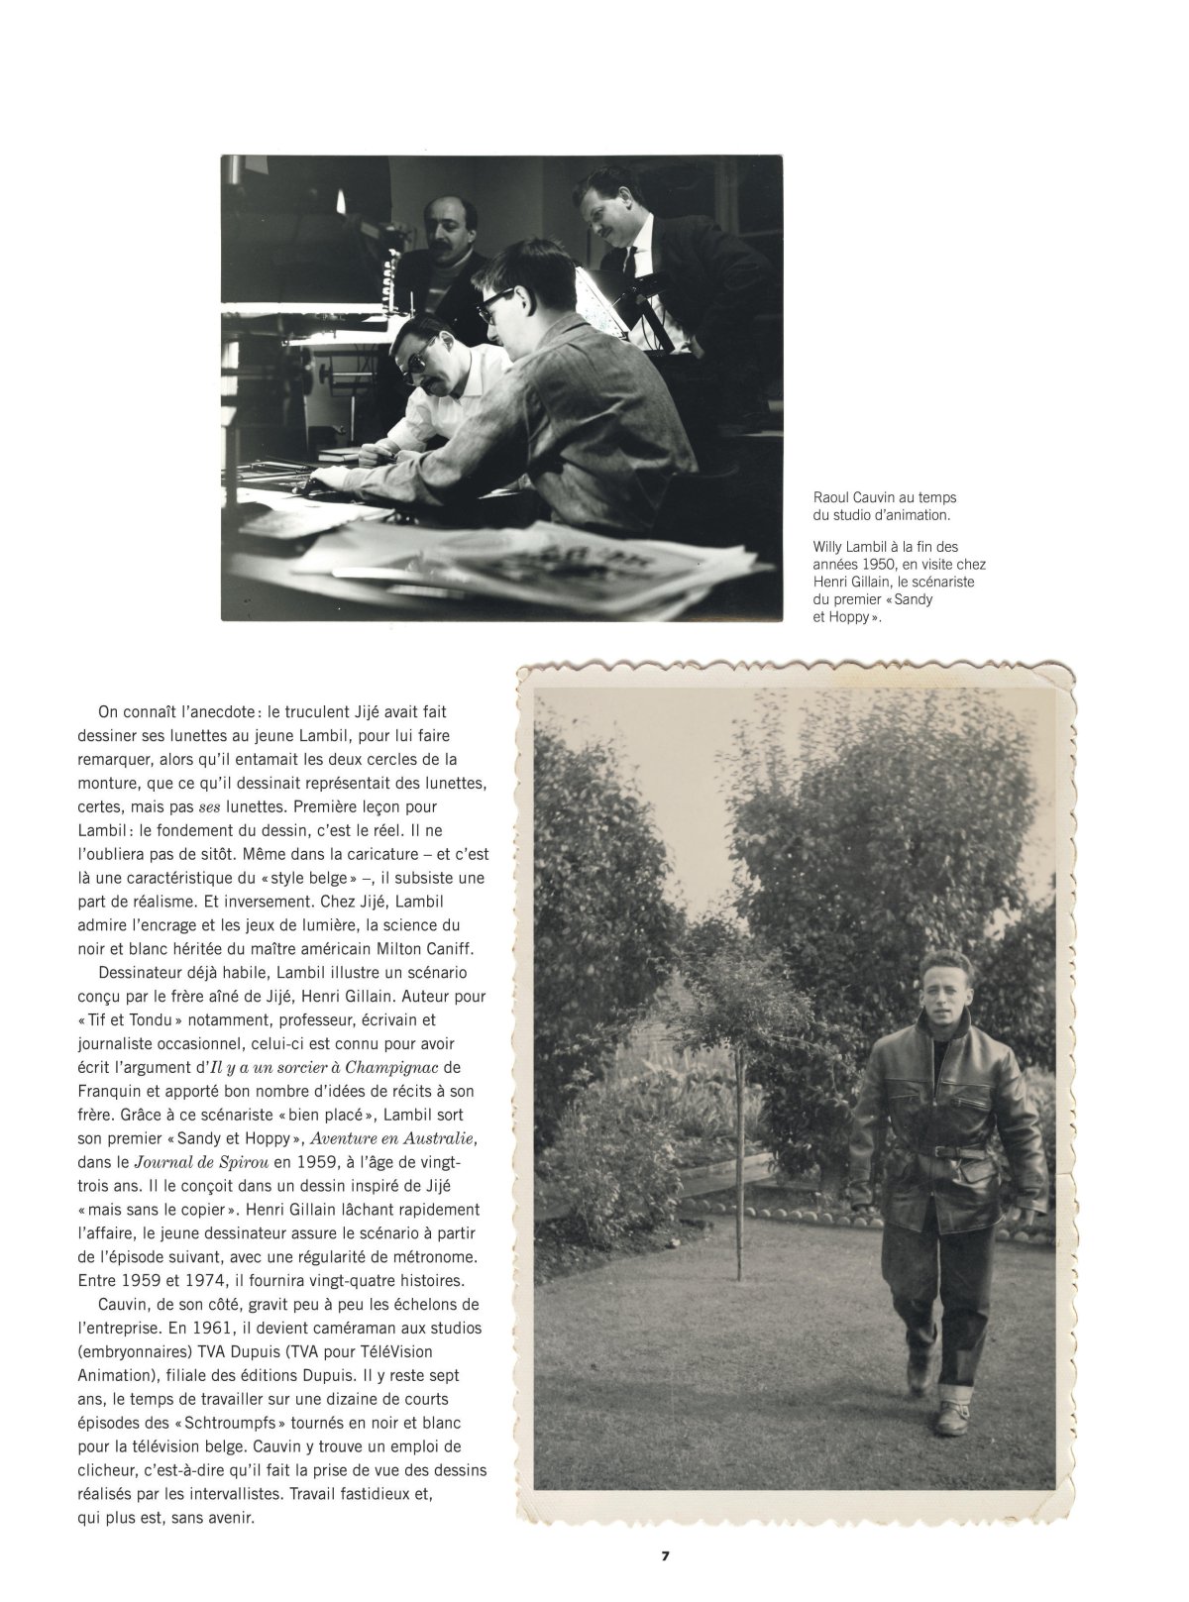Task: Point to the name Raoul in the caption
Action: [829, 498]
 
